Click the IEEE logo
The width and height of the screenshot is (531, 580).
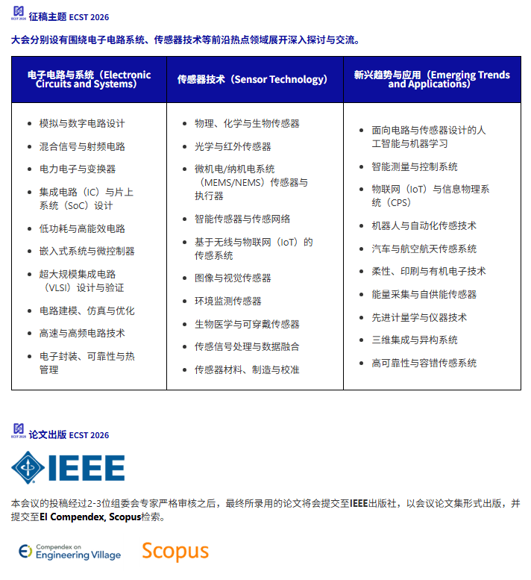tap(68, 467)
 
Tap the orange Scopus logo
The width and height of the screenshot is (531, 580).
tap(175, 551)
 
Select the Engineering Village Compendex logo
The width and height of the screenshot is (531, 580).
tap(69, 552)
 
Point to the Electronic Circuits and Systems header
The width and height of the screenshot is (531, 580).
tap(89, 79)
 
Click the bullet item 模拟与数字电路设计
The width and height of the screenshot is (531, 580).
tap(82, 124)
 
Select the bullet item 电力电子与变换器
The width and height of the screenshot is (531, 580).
tap(78, 169)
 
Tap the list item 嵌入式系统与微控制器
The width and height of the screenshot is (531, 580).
tap(87, 252)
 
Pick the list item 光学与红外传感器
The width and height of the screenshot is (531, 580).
tap(233, 147)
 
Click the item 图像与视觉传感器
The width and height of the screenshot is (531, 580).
tap(233, 278)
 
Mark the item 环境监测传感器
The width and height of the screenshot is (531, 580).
tap(227, 302)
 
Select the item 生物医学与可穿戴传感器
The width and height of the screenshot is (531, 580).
tap(247, 325)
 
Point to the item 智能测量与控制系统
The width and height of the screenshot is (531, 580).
tap(415, 167)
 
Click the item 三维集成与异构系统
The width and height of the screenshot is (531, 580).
tap(415, 340)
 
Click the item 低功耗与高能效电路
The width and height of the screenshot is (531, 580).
tap(82, 229)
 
